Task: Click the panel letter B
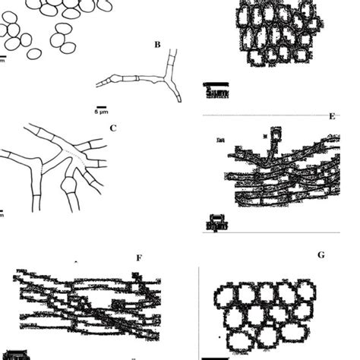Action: [x=157, y=45]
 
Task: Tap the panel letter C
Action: [x=112, y=128]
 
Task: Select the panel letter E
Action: [x=331, y=116]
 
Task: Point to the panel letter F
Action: [x=139, y=258]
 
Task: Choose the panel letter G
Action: [x=321, y=255]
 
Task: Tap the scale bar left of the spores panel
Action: [x=2, y=56]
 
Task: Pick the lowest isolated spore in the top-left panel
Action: [x=33, y=55]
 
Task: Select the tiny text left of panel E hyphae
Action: [x=220, y=141]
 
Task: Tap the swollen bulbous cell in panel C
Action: [x=70, y=187]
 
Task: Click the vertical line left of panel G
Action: [x=199, y=311]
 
